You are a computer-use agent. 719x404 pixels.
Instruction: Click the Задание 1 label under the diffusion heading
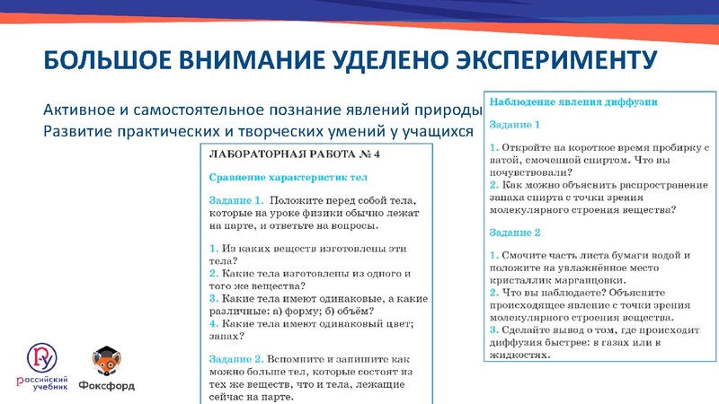[x=514, y=125]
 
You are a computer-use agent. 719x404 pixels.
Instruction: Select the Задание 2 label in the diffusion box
[x=514, y=233]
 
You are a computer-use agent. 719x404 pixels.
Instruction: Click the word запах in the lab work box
[x=224, y=337]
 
